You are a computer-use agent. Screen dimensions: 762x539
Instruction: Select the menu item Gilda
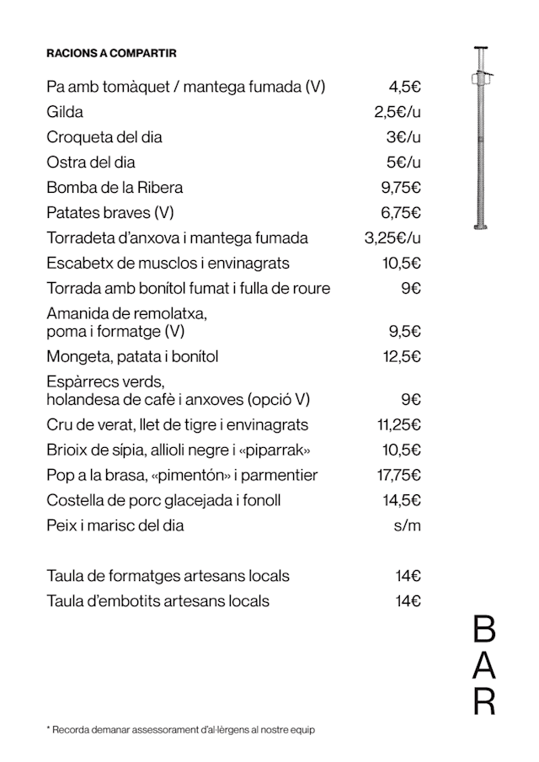pos(65,112)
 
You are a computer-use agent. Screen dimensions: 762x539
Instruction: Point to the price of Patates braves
pos(401,213)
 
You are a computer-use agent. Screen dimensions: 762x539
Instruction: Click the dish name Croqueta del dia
pos(104,137)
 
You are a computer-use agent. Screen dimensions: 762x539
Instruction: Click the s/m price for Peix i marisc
pos(408,525)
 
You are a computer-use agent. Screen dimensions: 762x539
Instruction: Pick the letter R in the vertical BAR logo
pos(484,701)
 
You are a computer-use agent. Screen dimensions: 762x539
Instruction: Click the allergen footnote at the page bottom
pos(180,730)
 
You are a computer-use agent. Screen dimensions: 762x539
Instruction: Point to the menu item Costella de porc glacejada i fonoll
pos(163,500)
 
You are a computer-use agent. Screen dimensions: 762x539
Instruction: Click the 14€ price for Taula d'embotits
pos(408,601)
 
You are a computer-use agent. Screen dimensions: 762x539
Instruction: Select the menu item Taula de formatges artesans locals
pos(168,576)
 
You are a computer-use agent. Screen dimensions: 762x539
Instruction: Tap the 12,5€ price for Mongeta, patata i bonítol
pos(401,356)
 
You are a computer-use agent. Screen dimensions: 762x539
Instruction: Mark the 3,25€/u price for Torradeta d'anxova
pos(392,238)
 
